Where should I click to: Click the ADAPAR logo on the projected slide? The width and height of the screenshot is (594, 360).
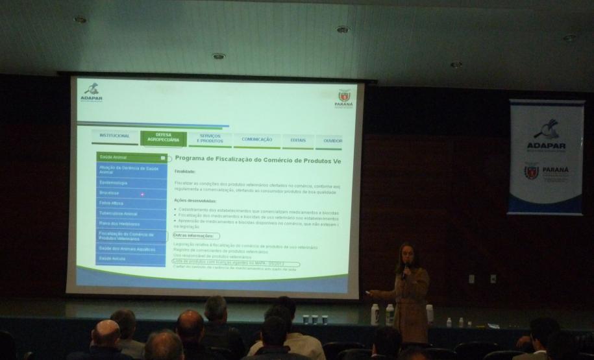point(92,91)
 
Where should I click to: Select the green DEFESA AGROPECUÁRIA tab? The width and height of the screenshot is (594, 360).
point(163,138)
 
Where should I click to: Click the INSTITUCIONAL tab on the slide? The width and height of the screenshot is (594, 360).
point(114,136)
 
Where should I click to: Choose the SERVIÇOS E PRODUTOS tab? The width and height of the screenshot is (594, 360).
point(210,139)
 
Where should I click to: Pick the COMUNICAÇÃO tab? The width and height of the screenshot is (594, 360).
point(256,139)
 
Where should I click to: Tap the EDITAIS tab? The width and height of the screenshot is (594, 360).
point(298,140)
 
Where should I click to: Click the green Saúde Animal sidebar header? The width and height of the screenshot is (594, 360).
point(130,157)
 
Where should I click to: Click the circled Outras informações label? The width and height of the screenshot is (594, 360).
point(196,235)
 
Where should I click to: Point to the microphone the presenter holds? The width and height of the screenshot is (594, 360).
point(404,267)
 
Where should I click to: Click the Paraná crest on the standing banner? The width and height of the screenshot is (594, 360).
point(532,172)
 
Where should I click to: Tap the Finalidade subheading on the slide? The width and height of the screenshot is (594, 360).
point(184,171)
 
